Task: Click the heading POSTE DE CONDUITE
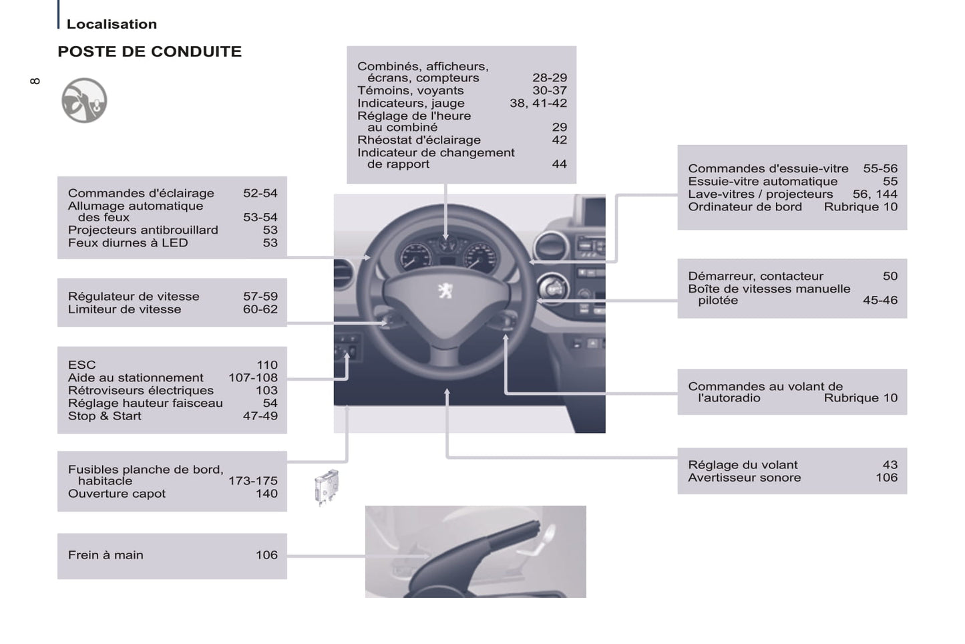(150, 51)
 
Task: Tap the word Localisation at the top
(112, 24)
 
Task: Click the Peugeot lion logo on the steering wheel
(445, 291)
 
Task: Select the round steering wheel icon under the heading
(84, 100)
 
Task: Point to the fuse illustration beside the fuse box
(326, 487)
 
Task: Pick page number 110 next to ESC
(267, 365)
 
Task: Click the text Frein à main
(106, 554)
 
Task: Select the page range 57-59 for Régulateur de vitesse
(260, 297)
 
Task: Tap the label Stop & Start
(105, 416)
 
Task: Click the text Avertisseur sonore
(745, 478)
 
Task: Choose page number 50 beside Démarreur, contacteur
(890, 277)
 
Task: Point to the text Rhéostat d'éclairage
(419, 140)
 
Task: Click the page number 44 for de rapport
(559, 164)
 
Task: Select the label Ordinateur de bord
(745, 207)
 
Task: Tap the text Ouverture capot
(116, 494)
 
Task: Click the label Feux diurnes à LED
(128, 243)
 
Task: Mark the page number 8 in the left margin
(35, 81)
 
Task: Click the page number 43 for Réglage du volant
(890, 465)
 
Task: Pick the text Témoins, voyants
(410, 91)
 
